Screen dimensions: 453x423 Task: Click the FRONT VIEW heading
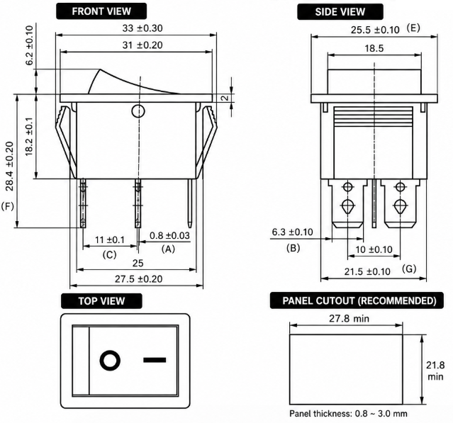pos(101,11)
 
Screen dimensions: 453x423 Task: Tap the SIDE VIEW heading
pos(340,12)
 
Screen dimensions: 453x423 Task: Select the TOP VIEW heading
pos(101,301)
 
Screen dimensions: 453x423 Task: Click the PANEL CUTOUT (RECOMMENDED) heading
pos(357,300)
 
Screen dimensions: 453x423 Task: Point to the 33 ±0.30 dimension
pos(142,28)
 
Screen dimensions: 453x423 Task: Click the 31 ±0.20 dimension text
pos(142,45)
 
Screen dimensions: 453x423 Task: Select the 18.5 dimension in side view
pos(374,48)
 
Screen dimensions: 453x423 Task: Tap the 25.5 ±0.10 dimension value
pos(375,30)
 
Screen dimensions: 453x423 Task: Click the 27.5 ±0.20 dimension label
pos(139,279)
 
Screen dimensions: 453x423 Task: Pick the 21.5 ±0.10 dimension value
pos(367,271)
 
